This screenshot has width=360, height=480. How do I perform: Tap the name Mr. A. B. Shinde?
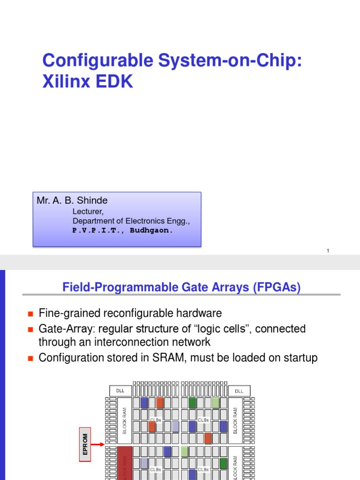[x=72, y=201]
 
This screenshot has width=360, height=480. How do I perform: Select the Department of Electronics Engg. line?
[x=131, y=221]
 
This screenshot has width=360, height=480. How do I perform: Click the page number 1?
[x=328, y=251]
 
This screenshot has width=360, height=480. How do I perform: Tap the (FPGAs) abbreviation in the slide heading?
[x=276, y=287]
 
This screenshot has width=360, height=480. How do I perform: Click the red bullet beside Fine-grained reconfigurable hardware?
[x=31, y=314]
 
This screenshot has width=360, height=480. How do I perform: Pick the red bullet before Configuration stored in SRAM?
[x=31, y=359]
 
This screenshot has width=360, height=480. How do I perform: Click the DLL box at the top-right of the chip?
[x=239, y=391]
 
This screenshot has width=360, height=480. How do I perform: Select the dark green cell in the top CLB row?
[x=192, y=403]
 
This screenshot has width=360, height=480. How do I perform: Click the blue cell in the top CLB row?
[x=144, y=403]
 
